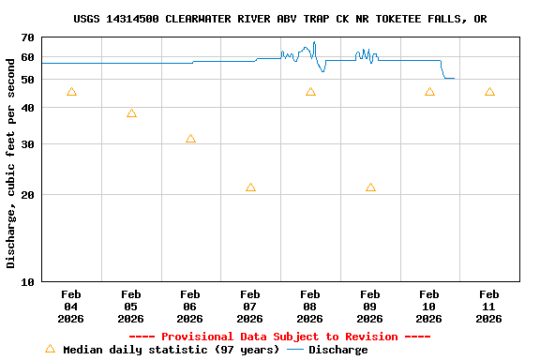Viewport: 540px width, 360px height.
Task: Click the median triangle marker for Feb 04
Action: (71, 92)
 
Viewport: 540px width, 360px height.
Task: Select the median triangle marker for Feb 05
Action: (131, 113)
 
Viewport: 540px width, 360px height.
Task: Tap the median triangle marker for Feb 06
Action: (190, 139)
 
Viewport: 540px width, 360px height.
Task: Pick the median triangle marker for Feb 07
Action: (250, 187)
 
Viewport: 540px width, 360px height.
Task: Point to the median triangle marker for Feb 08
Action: (310, 92)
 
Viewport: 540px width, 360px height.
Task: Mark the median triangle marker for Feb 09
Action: (370, 187)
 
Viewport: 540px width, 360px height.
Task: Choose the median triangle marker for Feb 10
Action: (429, 92)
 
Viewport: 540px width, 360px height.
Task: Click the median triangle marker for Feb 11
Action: (489, 92)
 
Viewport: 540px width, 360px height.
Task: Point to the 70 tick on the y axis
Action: (26, 37)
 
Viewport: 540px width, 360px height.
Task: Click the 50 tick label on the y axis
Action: (26, 80)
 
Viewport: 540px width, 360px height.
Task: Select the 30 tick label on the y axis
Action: (26, 144)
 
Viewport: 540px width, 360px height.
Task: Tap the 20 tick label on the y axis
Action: (26, 195)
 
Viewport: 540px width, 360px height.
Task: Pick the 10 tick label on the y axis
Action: (26, 281)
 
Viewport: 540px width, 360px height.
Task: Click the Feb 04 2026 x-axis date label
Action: (71, 306)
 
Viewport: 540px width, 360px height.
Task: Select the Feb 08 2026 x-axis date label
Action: (310, 306)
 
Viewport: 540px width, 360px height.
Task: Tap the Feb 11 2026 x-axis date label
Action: (489, 306)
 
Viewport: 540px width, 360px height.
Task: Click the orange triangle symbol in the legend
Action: (50, 349)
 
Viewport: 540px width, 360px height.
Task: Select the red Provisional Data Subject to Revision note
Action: (279, 337)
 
